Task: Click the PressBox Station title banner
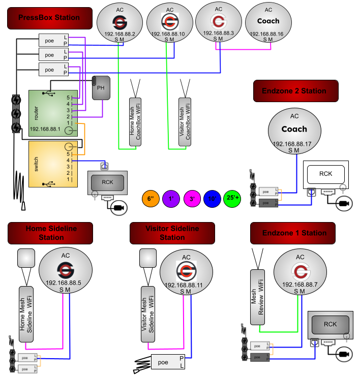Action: click(50, 18)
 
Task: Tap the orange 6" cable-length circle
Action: click(151, 199)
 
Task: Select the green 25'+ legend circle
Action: click(232, 199)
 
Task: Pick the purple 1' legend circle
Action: click(171, 199)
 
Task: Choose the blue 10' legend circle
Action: click(212, 199)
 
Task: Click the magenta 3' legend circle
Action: click(192, 199)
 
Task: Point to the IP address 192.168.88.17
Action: click(292, 144)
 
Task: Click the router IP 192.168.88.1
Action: click(45, 129)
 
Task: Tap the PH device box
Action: click(101, 88)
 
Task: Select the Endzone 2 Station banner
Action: click(296, 91)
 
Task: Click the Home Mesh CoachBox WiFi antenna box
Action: click(135, 121)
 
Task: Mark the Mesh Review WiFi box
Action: click(257, 297)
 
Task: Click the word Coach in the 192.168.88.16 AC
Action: click(268, 21)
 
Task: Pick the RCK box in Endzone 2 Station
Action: click(326, 174)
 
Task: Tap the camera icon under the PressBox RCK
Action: click(118, 208)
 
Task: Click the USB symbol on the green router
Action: click(49, 93)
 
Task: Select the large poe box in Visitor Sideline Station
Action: click(168, 362)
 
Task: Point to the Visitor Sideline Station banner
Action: click(172, 233)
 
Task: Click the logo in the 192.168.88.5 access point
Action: click(66, 270)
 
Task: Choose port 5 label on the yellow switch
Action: click(68, 154)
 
